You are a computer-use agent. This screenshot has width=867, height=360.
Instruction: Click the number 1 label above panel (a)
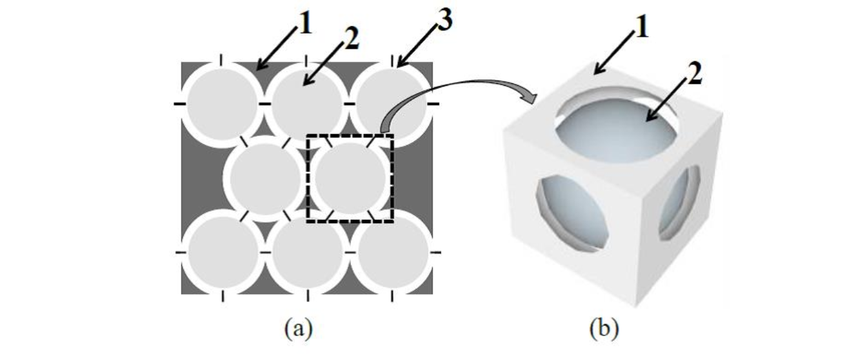[x=304, y=25]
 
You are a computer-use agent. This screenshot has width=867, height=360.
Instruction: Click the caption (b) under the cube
[x=604, y=329]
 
